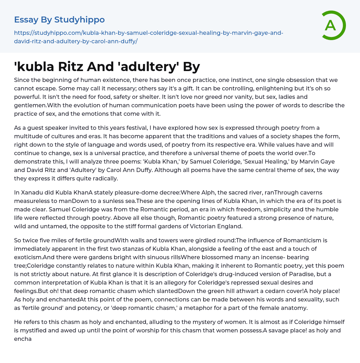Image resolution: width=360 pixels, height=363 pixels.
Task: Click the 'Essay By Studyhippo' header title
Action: click(59, 20)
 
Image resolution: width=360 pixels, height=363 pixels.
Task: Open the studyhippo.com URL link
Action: click(149, 37)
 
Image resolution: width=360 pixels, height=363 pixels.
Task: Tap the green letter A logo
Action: click(330, 25)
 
